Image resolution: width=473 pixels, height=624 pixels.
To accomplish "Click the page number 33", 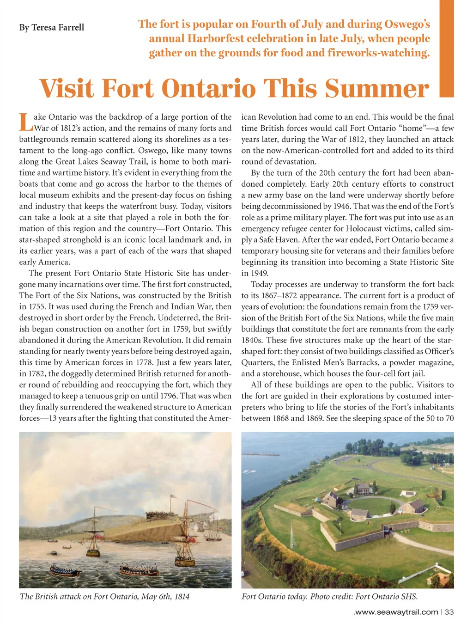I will point(449,612).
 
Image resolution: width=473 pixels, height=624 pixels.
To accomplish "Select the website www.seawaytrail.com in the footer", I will point(395,612).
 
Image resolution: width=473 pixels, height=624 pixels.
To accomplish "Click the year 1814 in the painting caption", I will point(182,596).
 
